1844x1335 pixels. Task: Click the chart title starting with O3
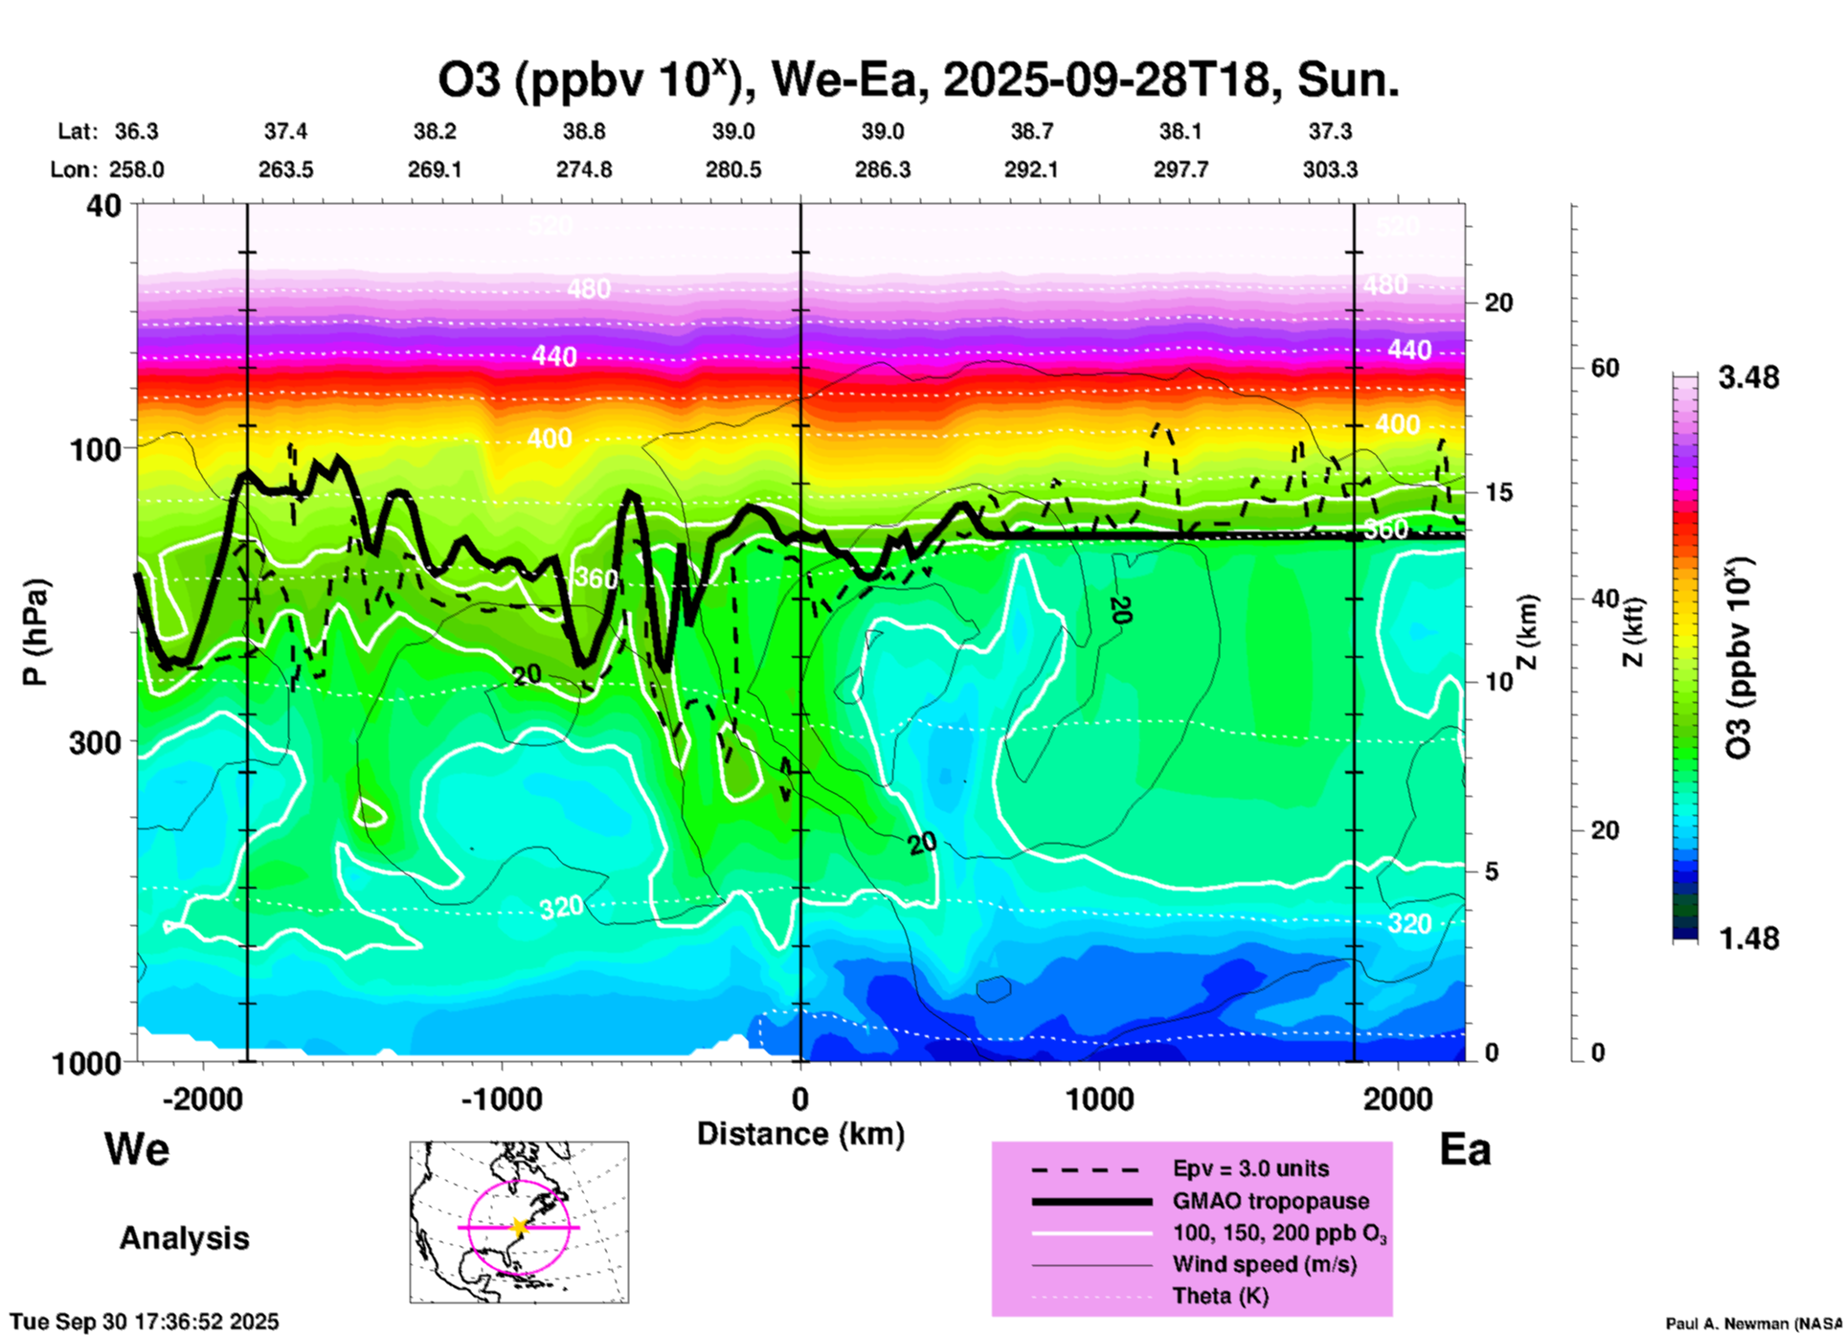coord(917,80)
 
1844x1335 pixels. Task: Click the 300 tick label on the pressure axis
coord(95,742)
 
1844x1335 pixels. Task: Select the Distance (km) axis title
coord(800,1134)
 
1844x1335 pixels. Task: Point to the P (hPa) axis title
coord(35,632)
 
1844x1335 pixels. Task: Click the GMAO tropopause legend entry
coord(1270,1201)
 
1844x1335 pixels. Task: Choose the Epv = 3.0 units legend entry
coord(1249,1169)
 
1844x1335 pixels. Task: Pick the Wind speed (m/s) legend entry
coord(1264,1264)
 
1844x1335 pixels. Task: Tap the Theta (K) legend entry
coord(1220,1296)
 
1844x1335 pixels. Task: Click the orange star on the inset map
coord(519,1227)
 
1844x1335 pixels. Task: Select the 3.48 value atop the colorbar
coord(1748,377)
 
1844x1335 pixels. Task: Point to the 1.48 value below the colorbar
coord(1748,938)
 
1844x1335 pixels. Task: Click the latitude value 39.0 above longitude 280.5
coord(733,131)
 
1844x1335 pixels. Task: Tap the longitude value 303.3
coord(1330,170)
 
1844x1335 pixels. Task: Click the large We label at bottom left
coord(137,1149)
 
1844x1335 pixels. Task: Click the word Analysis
coord(184,1238)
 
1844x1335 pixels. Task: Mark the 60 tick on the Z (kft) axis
coord(1605,368)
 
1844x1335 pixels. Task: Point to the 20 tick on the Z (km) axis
coord(1498,303)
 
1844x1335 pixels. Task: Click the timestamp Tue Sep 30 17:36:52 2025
coord(145,1322)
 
